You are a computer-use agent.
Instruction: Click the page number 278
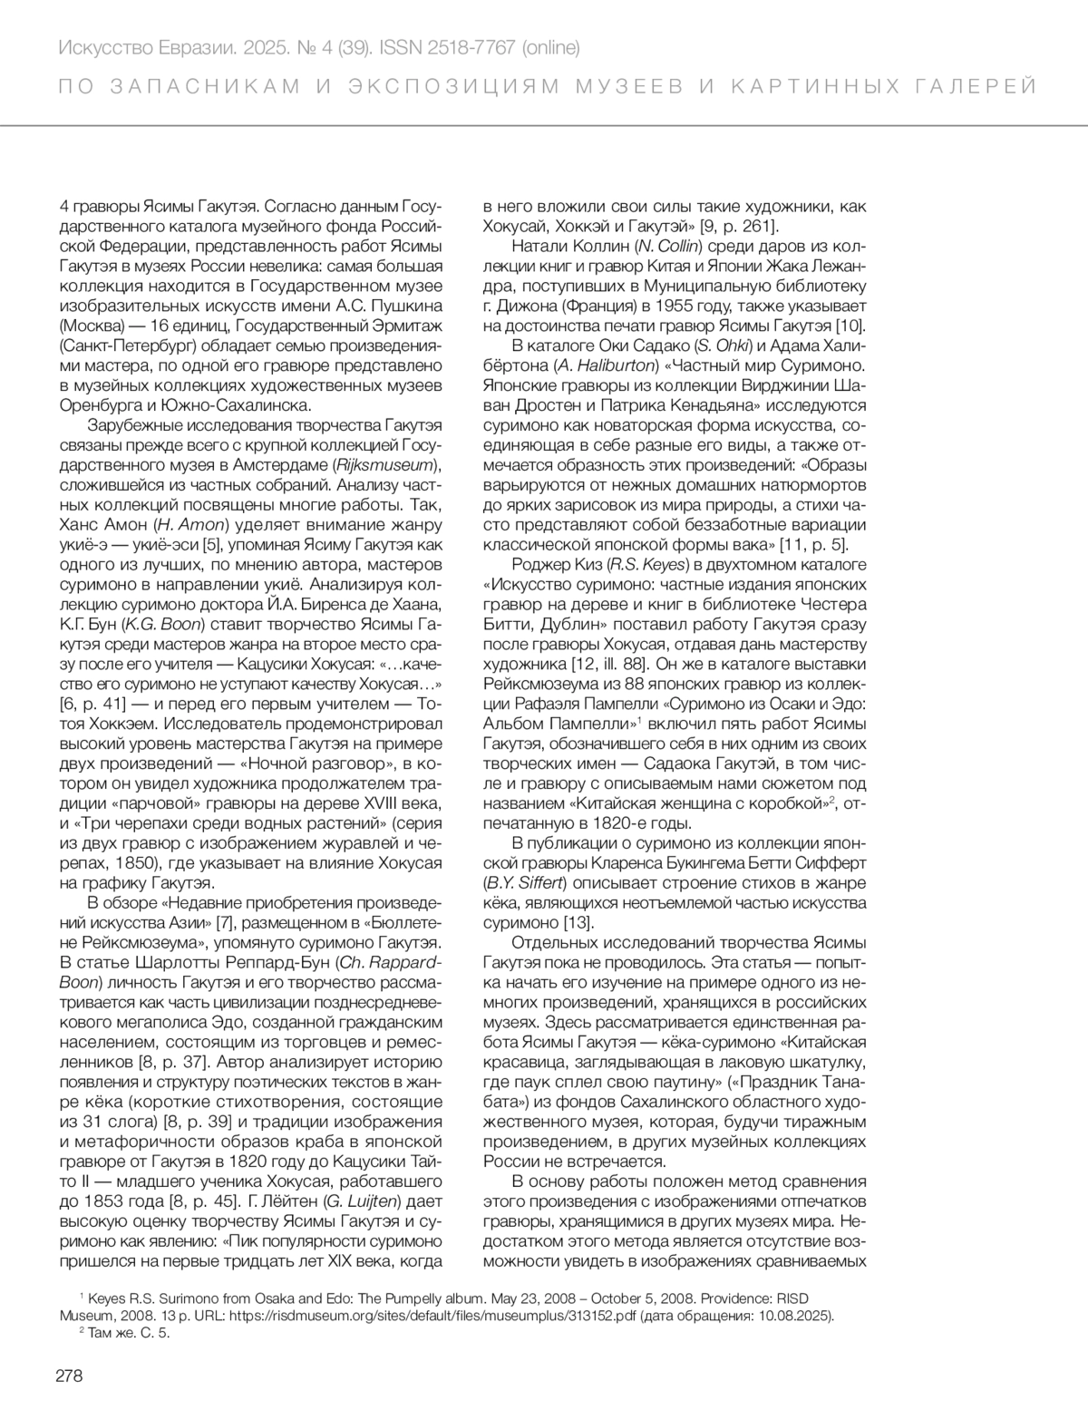[x=70, y=1376]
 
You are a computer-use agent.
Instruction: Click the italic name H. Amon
[x=189, y=525]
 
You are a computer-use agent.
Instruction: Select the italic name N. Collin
[x=666, y=246]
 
